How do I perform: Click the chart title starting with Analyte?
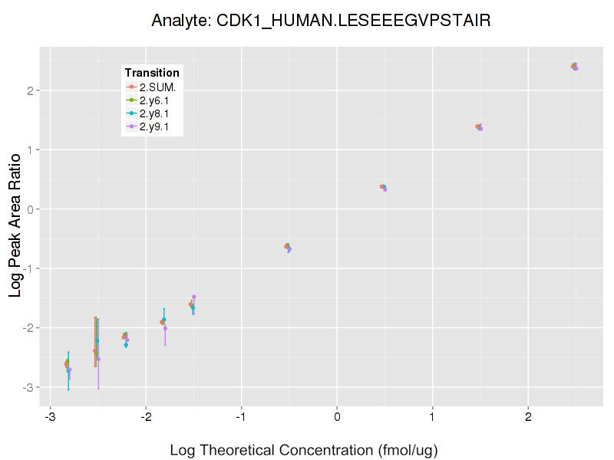click(x=321, y=20)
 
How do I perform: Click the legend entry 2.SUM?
click(x=157, y=87)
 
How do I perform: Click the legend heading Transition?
click(x=152, y=73)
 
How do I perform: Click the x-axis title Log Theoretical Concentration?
click(x=304, y=450)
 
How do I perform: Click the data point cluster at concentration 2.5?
click(x=574, y=67)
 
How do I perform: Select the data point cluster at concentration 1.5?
click(x=479, y=127)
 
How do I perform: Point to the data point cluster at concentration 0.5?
click(x=383, y=187)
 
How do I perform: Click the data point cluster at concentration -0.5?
click(x=288, y=247)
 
